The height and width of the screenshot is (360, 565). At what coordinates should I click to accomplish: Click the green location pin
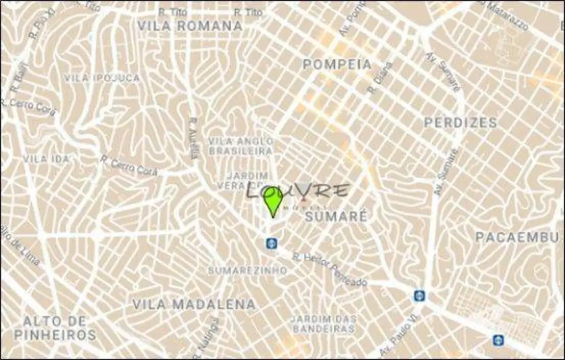point(272,200)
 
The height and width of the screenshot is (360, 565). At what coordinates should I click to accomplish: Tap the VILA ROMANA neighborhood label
point(190,26)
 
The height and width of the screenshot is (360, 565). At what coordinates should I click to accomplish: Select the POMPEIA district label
point(337,64)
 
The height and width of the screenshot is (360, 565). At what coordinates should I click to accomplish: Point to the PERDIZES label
point(460,122)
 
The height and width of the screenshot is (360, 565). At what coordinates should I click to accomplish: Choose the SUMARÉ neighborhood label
point(336,217)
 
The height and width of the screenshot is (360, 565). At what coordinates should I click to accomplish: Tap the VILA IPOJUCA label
point(102,78)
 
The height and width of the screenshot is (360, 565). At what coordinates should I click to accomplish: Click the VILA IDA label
point(46,159)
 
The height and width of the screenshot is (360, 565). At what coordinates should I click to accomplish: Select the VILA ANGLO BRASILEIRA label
point(241,146)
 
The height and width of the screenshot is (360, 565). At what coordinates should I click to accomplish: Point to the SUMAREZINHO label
point(247,270)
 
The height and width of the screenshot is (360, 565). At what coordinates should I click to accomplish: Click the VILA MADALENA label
point(194,304)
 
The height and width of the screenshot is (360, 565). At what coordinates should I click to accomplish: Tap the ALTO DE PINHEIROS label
point(54,328)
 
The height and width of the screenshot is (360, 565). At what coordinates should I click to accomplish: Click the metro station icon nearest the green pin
point(271,243)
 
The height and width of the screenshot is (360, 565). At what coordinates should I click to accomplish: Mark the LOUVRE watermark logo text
point(298,191)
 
